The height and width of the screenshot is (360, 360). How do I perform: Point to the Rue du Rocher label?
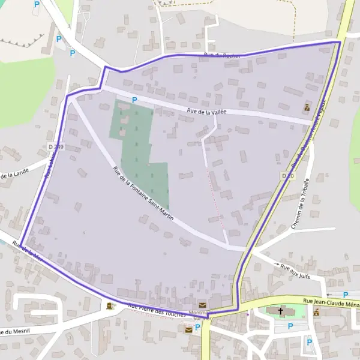(x=222, y=56)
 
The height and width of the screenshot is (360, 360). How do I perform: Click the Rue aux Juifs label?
(x=295, y=268)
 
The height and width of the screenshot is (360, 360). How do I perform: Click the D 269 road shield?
(x=58, y=146)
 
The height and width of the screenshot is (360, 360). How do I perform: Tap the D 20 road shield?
(x=287, y=175)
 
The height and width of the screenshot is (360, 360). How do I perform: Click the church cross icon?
(x=280, y=311)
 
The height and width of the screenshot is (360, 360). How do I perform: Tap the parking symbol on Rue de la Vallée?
(x=134, y=100)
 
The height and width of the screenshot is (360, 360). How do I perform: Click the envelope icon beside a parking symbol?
(x=188, y=329)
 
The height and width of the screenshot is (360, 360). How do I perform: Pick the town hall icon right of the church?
(x=316, y=312)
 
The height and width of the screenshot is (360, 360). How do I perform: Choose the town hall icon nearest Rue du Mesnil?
(x=109, y=306)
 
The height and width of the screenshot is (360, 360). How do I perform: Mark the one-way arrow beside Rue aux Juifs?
(x=276, y=265)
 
